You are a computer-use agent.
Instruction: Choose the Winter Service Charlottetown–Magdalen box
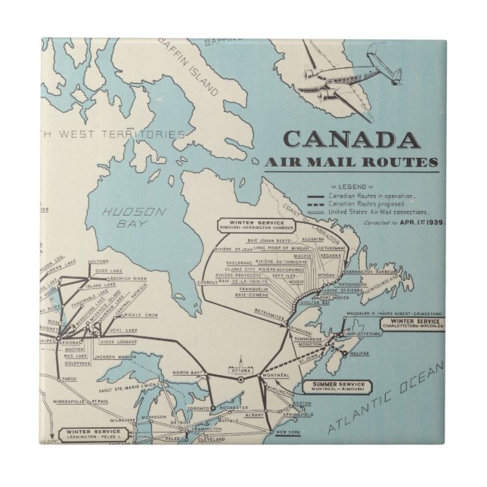tap(411, 324)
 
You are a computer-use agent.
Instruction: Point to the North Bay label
tap(185, 373)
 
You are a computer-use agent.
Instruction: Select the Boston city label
tap(302, 404)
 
